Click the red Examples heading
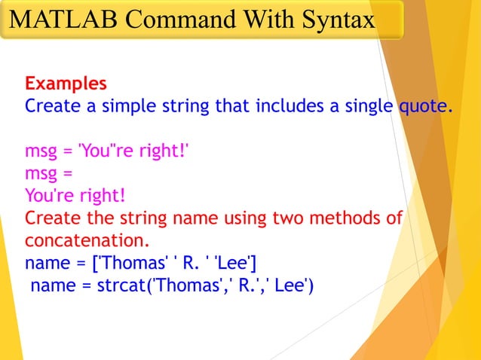click(x=66, y=83)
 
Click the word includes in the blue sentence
click(x=287, y=105)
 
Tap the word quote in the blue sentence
click(x=424, y=105)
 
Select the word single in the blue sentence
click(x=363, y=105)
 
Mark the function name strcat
click(x=123, y=287)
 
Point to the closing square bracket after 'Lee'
click(x=254, y=264)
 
